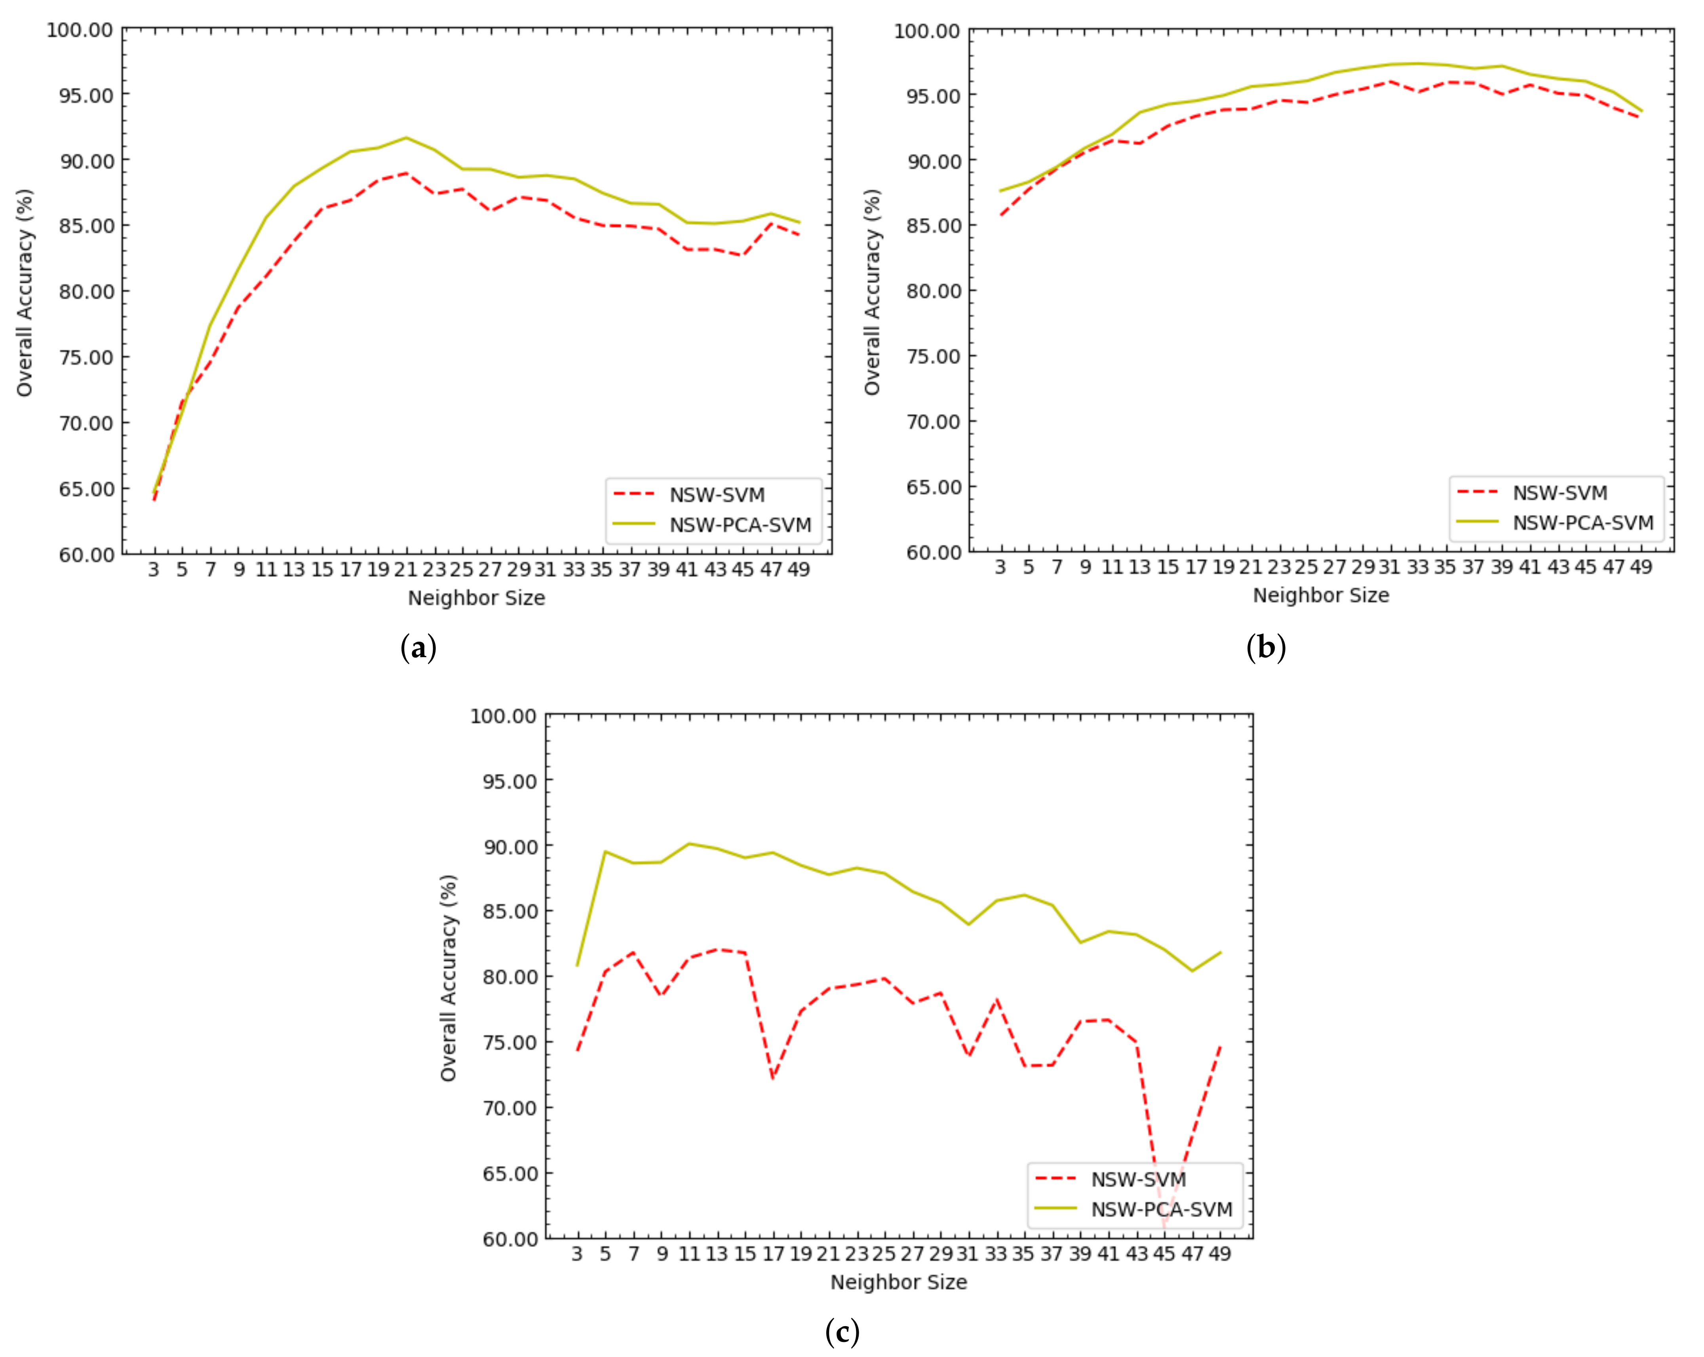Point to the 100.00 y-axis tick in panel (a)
click(x=80, y=30)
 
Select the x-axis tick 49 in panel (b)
click(x=1641, y=566)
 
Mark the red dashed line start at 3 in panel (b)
click(x=1000, y=215)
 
